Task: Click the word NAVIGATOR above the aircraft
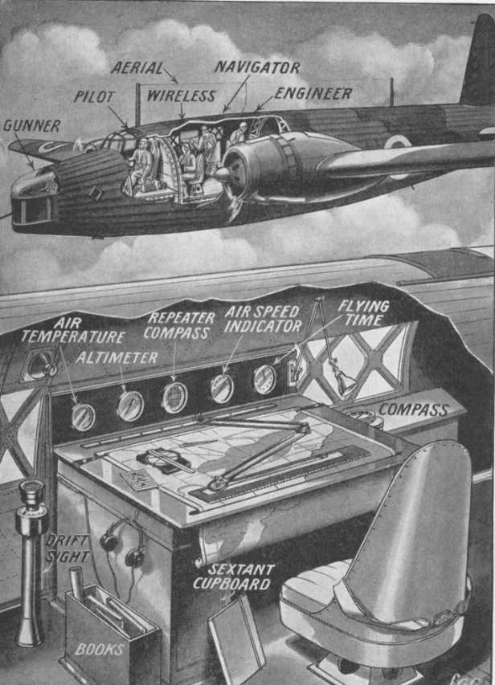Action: point(257,67)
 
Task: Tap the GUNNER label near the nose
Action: point(31,126)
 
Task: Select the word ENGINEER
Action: point(313,93)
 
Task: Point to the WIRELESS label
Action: point(181,96)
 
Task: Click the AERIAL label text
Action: point(137,68)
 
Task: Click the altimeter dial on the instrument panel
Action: point(130,406)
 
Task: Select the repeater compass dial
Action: point(175,398)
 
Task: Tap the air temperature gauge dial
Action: point(83,417)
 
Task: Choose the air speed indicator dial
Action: point(222,388)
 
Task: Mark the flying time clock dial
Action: point(264,379)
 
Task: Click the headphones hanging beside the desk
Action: point(123,543)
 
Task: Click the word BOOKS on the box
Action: point(100,649)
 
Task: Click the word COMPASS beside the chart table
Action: point(414,410)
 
